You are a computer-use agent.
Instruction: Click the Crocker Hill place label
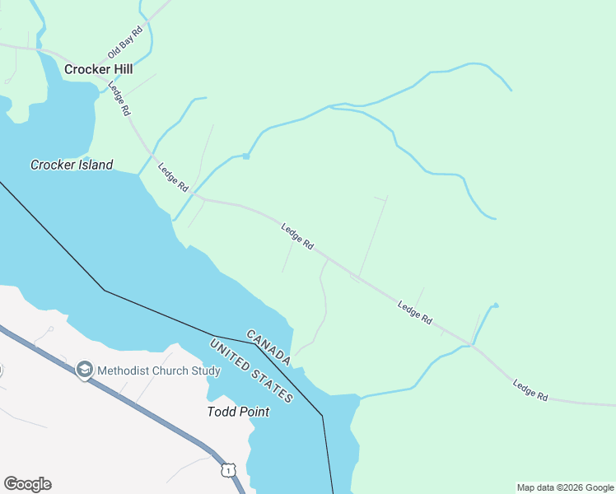click(99, 69)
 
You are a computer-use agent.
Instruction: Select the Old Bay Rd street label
click(125, 41)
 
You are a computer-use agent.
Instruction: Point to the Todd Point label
click(238, 412)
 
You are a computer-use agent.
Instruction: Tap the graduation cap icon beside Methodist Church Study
click(84, 370)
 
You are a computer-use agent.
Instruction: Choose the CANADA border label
click(268, 347)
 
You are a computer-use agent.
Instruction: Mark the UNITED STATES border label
click(252, 372)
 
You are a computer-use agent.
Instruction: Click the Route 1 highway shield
click(227, 469)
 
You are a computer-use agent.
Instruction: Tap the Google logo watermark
click(27, 484)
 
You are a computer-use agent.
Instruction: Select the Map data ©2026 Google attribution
click(565, 487)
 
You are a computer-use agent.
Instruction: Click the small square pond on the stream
click(245, 156)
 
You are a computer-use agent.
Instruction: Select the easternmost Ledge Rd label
click(530, 390)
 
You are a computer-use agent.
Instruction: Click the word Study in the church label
click(206, 370)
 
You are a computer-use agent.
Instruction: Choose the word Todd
click(220, 412)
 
